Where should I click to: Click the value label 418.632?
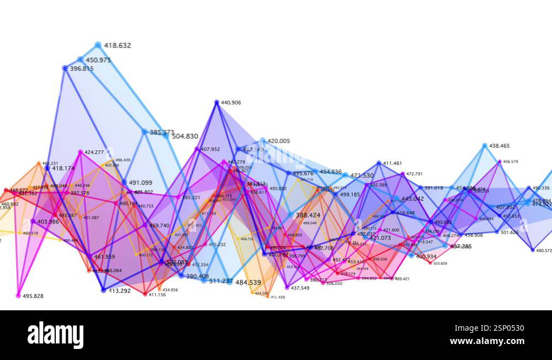[118, 46]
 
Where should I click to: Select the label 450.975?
[98, 60]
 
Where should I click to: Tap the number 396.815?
[82, 69]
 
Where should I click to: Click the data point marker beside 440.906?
[217, 102]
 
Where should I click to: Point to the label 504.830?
[185, 136]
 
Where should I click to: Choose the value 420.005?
[279, 141]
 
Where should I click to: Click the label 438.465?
[500, 146]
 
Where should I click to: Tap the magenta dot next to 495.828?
[18, 296]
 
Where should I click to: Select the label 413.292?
[119, 291]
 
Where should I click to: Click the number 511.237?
[221, 281]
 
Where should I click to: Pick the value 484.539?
[248, 283]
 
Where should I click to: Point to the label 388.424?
[308, 215]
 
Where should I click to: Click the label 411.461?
[392, 163]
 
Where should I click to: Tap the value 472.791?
[414, 174]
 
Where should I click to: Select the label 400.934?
[426, 257]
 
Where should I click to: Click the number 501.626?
[509, 232]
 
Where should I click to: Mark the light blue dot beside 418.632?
[98, 45]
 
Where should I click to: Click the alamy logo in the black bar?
[55, 335]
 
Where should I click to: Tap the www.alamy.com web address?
[486, 341]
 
